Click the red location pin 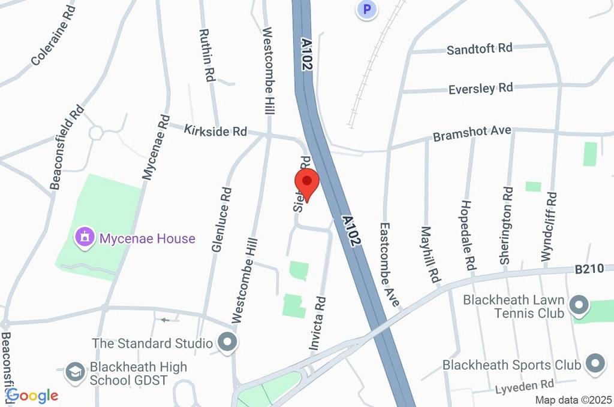[x=307, y=181]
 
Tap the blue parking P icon [x=367, y=9]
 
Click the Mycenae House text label [x=148, y=239]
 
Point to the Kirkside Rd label [x=215, y=130]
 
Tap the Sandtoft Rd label [x=480, y=48]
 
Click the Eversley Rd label [x=481, y=89]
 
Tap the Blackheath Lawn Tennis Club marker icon [x=579, y=306]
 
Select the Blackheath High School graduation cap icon [x=75, y=372]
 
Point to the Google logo [x=32, y=395]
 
